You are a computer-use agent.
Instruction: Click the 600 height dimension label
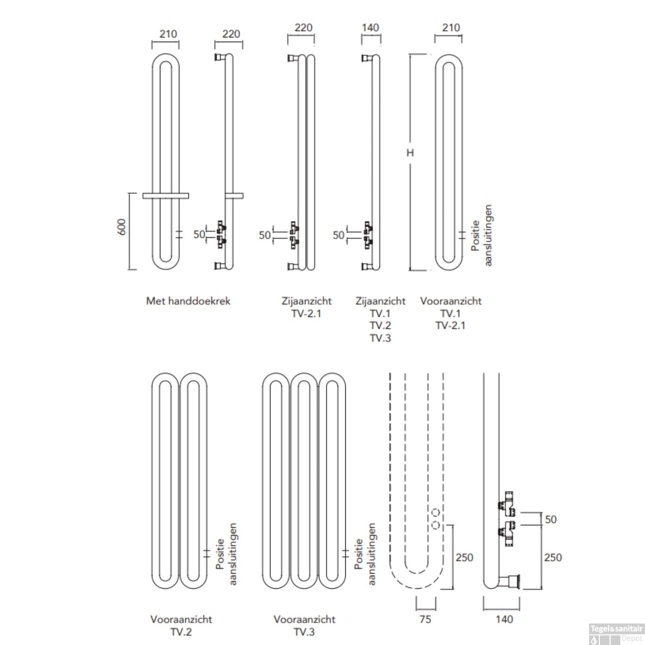(x=122, y=227)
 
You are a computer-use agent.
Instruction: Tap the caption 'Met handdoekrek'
(x=188, y=301)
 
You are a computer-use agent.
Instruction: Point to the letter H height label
(x=410, y=153)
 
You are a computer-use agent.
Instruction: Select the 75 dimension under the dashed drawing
(x=425, y=619)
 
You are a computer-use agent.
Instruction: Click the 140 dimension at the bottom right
(x=504, y=619)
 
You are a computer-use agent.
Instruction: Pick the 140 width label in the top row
(x=370, y=28)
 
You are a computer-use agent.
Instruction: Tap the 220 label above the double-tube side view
(x=303, y=28)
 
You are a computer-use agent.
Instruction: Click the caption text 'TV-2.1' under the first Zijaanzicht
(x=306, y=313)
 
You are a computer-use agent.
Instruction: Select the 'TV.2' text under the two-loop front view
(x=181, y=632)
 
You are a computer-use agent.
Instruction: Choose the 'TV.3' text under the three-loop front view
(x=304, y=632)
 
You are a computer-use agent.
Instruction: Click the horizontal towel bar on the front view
(x=166, y=196)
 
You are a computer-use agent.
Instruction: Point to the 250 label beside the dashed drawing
(x=464, y=558)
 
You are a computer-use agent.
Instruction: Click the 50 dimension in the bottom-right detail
(x=550, y=519)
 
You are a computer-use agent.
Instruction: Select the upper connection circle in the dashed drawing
(x=436, y=513)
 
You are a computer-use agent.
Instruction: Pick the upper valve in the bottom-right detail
(x=507, y=503)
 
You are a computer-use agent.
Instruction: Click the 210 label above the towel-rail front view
(x=168, y=34)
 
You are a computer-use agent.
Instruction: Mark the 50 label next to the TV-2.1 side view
(x=265, y=235)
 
